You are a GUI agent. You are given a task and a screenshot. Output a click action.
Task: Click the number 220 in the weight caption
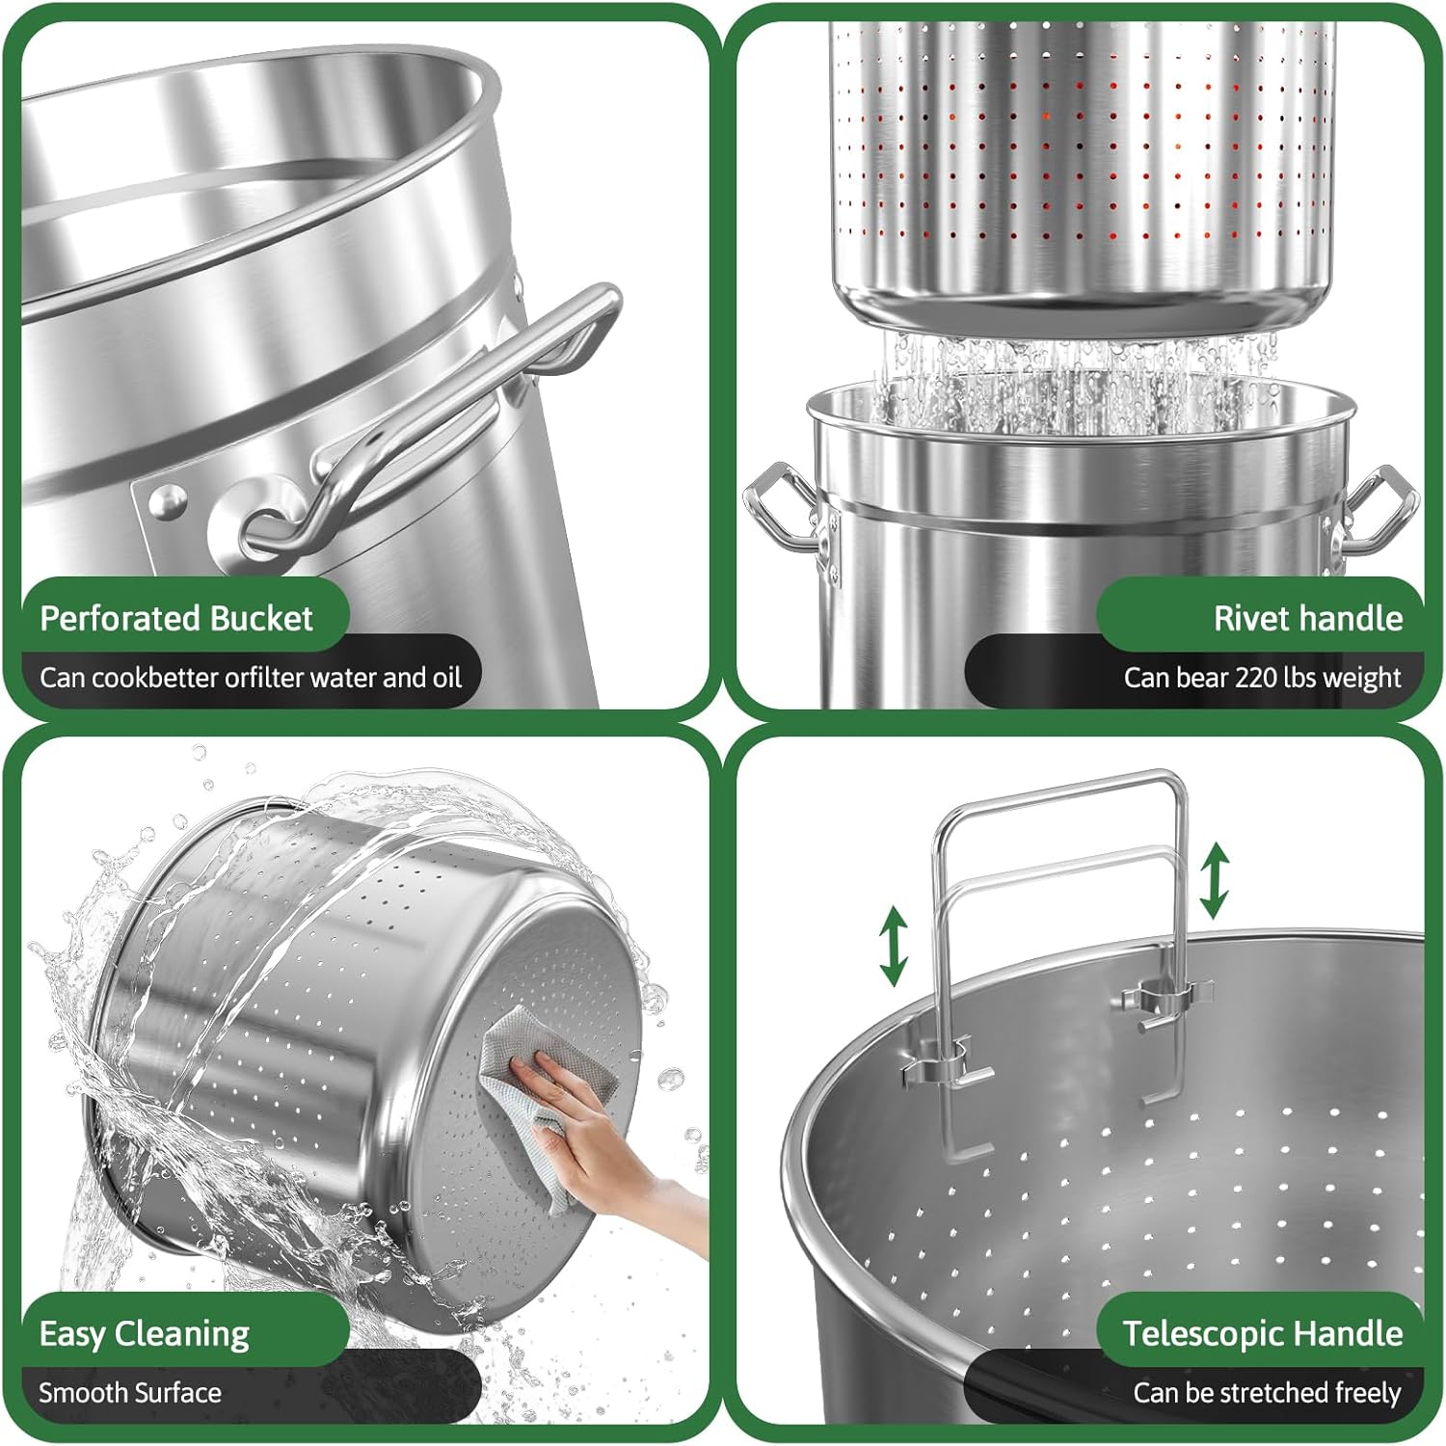(x=1257, y=678)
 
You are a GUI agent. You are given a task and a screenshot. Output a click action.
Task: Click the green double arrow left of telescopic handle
(x=894, y=945)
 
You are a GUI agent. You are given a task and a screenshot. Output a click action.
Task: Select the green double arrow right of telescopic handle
(x=1214, y=879)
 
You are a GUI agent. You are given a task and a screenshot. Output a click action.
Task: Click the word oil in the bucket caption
(x=445, y=678)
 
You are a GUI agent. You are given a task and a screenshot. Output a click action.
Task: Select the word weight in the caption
(x=1362, y=679)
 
